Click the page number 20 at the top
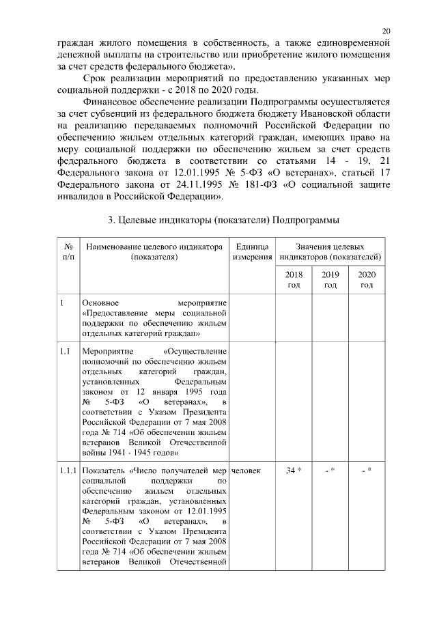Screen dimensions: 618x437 point(386,31)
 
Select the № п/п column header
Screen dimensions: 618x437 point(68,251)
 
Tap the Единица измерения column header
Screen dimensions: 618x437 point(252,251)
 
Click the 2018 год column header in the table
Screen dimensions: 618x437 point(294,279)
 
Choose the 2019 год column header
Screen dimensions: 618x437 point(330,279)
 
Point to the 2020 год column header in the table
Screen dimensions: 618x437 point(367,279)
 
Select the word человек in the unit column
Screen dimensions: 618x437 point(246,470)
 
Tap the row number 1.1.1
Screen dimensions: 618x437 point(68,470)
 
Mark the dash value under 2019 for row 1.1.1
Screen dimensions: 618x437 point(330,470)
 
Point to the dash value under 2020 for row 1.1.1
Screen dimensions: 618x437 point(367,470)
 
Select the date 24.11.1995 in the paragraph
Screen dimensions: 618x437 point(179,185)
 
